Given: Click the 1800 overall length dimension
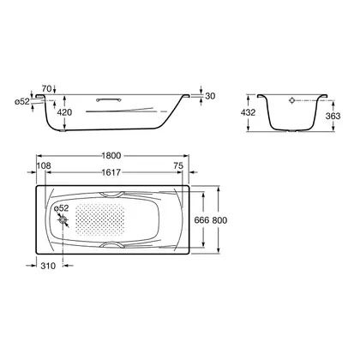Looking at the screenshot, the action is pos(111,155).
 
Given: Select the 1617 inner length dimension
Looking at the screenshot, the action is pos(111,172).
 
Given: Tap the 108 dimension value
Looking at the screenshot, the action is pos(44,165).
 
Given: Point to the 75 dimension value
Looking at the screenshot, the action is pos(178,165).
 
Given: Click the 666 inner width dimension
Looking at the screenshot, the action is pos(201,220).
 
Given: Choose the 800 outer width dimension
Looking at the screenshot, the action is pos(219,220).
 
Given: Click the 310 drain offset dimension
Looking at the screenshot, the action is pos(48,266).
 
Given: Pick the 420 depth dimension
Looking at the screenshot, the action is pos(64,112).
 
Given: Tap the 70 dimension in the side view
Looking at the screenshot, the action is pos(46,88).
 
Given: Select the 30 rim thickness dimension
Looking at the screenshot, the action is pos(210,96).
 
